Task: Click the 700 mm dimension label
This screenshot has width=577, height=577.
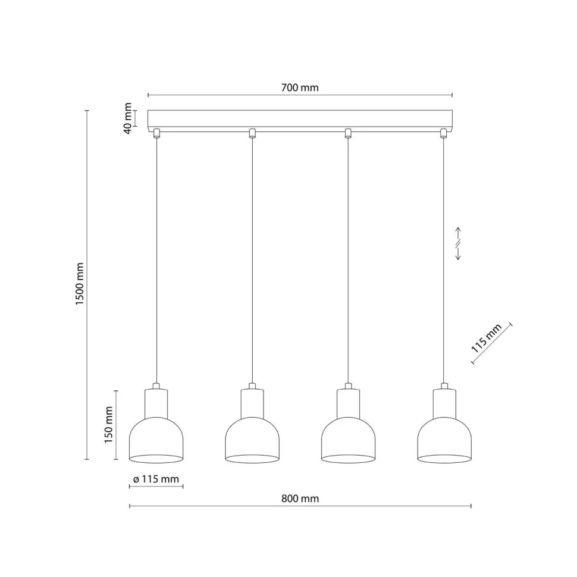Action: point(300,87)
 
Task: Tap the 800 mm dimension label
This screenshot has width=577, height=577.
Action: point(300,498)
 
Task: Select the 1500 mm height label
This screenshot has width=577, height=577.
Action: point(80,284)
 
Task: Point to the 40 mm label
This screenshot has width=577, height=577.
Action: point(128,118)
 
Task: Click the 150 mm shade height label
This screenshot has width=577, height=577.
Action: point(108,425)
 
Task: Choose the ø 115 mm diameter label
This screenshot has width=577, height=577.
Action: point(156,479)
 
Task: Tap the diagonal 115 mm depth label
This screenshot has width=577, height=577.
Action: point(486,338)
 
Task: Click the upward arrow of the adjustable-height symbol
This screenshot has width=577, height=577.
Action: point(458,233)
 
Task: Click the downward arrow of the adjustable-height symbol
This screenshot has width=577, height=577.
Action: point(458,254)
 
